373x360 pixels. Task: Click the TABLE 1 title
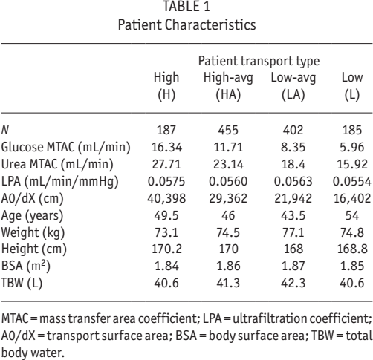point(186,7)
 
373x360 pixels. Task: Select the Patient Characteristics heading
point(186,24)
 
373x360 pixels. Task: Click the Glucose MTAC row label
point(65,147)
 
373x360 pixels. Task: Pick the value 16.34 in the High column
point(166,147)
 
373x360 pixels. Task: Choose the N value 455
point(228,130)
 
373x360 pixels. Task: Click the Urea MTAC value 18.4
point(293,164)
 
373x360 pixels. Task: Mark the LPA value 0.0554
point(352,181)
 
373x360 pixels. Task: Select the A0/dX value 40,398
point(166,198)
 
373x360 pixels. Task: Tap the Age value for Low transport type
point(352,215)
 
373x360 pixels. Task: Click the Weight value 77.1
point(293,232)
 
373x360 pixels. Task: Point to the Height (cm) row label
point(34,249)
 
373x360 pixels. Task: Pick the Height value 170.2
point(166,249)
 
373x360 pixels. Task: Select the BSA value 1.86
point(228,266)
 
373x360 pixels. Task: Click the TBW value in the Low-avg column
point(293,283)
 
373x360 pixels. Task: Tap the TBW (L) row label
point(22,283)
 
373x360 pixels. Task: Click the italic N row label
point(5,130)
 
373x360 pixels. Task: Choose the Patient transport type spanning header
point(259,61)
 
